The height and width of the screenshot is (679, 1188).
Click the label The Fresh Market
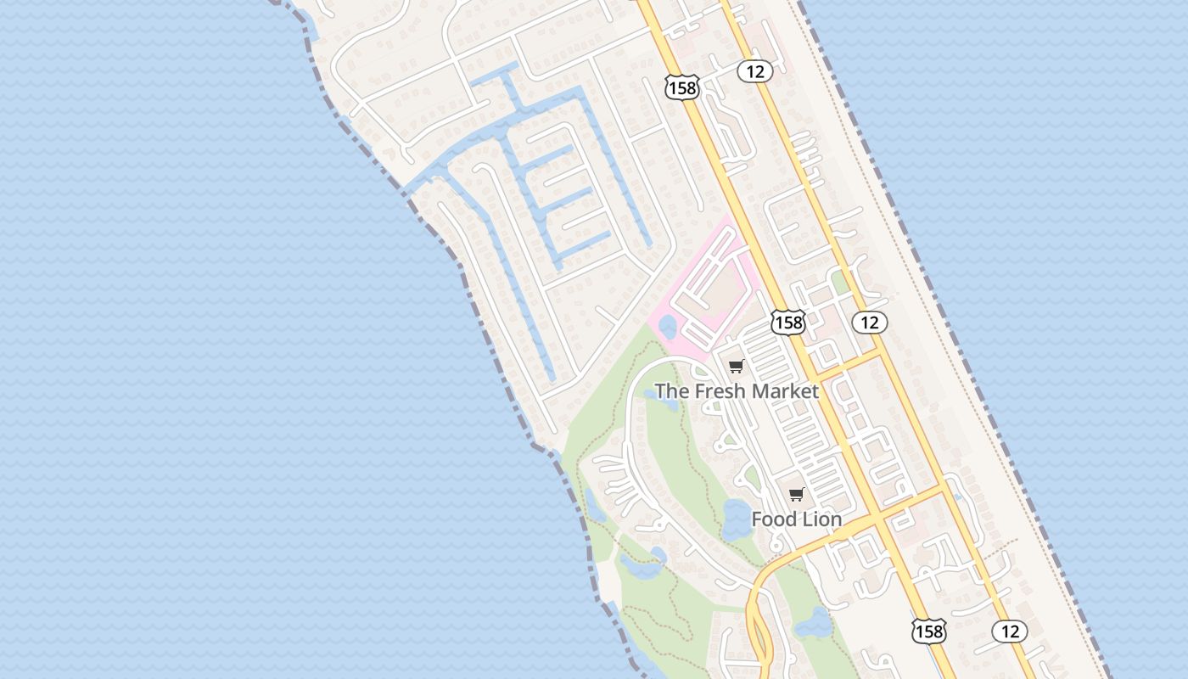(736, 391)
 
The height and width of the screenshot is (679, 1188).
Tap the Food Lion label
(796, 519)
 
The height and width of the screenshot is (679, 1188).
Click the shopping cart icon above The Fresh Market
(736, 367)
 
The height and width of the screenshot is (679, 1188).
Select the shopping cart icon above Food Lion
(796, 495)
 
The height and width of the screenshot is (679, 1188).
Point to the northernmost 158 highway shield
(681, 87)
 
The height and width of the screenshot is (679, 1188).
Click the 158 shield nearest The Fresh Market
(787, 323)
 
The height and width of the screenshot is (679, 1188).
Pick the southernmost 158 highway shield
(928, 631)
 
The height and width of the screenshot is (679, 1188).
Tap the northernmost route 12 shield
(754, 72)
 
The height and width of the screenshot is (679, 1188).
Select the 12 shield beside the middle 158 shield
(869, 323)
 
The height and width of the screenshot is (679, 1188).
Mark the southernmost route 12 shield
(1010, 631)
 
